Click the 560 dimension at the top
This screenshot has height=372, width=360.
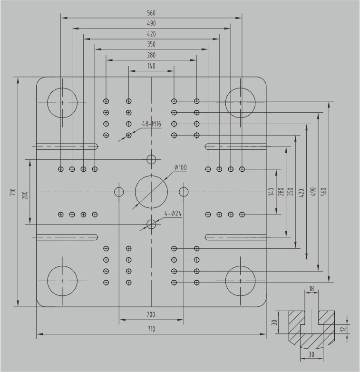151,13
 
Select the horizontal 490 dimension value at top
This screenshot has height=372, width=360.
151,23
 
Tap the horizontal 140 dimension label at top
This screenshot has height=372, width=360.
151,66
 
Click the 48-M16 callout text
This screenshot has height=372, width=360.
152,124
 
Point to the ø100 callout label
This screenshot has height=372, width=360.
180,167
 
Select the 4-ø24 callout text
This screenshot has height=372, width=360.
173,214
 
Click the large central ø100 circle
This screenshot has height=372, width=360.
151,191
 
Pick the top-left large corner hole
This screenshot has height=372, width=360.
62,102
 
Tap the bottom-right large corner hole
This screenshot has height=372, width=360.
240,281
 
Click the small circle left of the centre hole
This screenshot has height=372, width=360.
119,191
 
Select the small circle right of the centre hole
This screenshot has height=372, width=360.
184,191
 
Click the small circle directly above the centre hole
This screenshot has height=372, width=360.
151,159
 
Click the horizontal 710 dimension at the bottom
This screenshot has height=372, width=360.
151,329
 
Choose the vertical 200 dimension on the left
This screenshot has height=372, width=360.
25,196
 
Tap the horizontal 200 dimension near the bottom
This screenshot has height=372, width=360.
151,315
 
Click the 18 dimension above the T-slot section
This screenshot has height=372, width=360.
311,289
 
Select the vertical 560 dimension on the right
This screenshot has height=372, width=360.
324,191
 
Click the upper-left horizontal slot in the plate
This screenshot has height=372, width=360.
67,146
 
